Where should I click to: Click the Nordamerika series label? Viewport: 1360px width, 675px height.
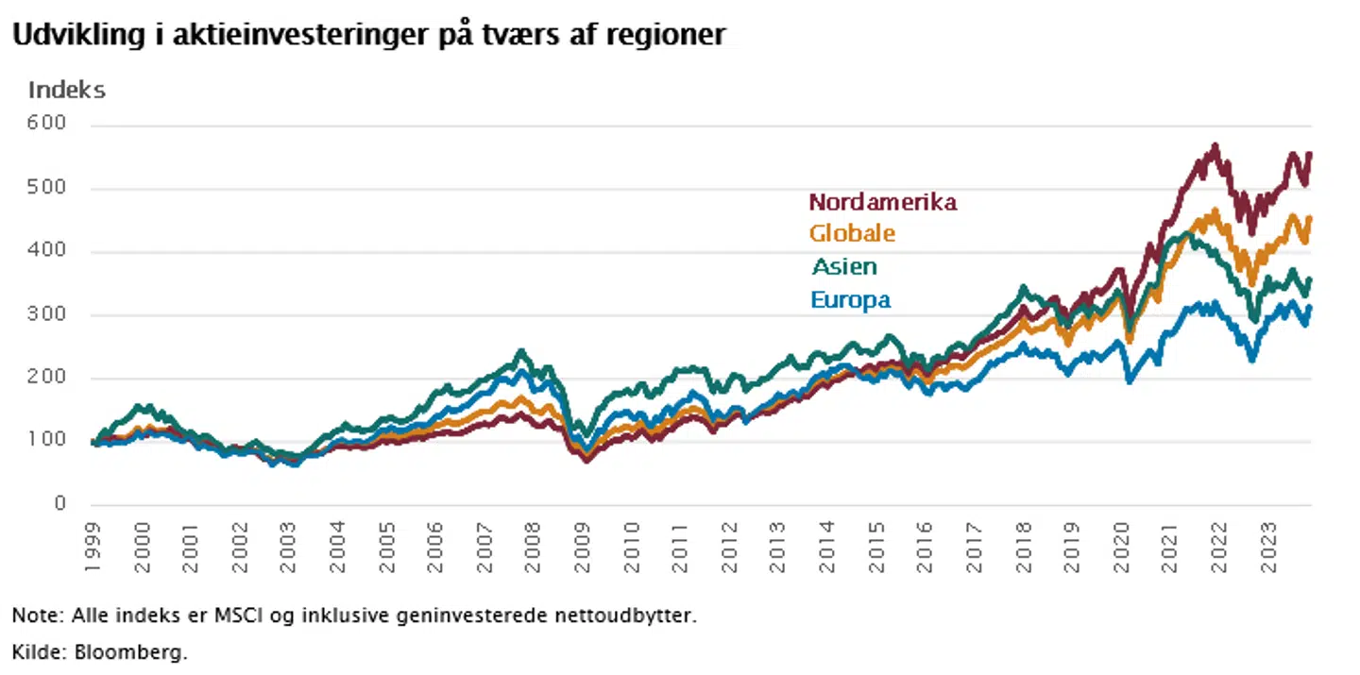pos(883,202)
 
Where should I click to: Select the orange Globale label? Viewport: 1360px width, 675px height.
pos(852,233)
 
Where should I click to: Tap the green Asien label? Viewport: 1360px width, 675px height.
pos(844,267)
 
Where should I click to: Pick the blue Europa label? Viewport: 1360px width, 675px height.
pos(850,300)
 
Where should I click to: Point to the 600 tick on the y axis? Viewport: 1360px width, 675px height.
pos(47,125)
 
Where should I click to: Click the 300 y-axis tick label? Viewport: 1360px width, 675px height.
pos(47,315)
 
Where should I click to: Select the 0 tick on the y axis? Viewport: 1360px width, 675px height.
pos(59,505)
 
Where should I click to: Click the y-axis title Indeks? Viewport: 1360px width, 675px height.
pos(66,91)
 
